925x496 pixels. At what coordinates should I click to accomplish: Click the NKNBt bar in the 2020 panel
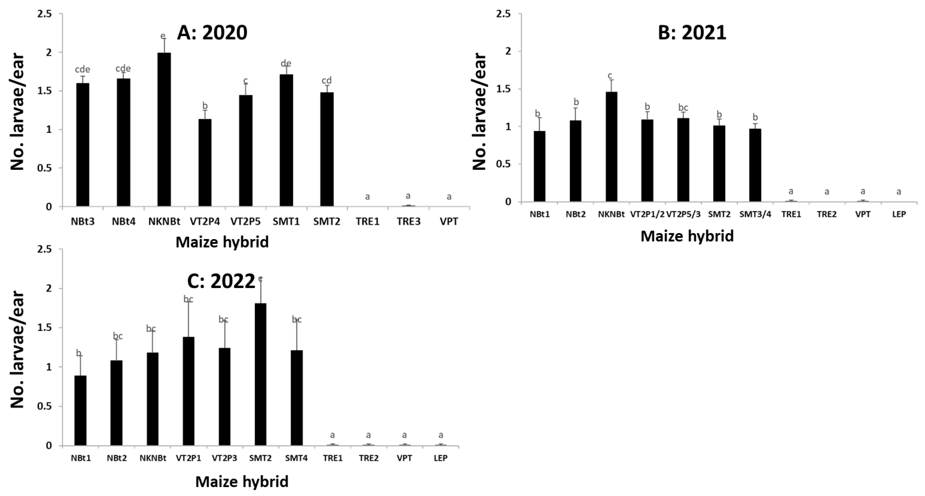164,130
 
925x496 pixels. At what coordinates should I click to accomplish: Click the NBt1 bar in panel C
80,411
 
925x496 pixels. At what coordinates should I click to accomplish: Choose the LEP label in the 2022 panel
441,458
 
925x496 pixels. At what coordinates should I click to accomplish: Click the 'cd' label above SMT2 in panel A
326,80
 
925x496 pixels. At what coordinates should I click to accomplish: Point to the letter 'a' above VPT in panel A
449,197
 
